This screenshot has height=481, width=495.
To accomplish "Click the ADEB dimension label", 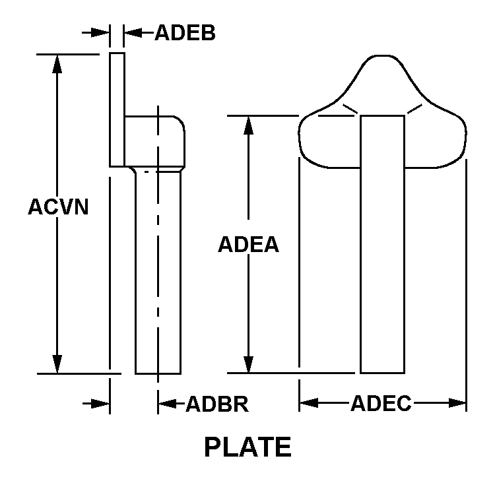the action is click(x=185, y=32).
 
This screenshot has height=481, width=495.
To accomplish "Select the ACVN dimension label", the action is click(x=58, y=207).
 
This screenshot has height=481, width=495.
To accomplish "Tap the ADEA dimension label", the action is click(x=248, y=244).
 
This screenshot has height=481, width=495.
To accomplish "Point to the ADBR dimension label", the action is click(x=217, y=404).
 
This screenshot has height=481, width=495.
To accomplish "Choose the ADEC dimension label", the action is click(x=381, y=403).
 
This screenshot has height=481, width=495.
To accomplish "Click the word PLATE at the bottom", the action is click(x=247, y=447).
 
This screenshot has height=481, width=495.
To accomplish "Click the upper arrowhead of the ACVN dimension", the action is click(x=57, y=64).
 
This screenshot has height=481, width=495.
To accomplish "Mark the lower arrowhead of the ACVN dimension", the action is click(x=57, y=364).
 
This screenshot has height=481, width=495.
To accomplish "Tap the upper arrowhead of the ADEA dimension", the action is click(x=248, y=125).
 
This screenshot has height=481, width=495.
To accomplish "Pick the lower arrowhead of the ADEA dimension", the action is click(x=248, y=364).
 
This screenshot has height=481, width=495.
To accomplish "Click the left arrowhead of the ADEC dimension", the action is click(x=309, y=403).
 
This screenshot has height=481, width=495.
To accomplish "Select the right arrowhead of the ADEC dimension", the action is click(x=457, y=403).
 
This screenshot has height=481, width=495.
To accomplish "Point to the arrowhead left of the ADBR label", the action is click(x=168, y=404).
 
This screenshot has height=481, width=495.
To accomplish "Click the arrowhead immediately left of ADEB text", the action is click(x=133, y=32).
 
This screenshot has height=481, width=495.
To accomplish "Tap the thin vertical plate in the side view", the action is click(x=117, y=110).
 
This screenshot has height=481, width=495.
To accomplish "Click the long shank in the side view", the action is click(x=158, y=271).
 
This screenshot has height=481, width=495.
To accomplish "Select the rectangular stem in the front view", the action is click(x=382, y=245).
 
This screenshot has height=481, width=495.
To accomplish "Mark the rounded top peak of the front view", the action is click(x=382, y=56).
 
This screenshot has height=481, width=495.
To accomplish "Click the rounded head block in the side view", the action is click(x=154, y=141).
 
